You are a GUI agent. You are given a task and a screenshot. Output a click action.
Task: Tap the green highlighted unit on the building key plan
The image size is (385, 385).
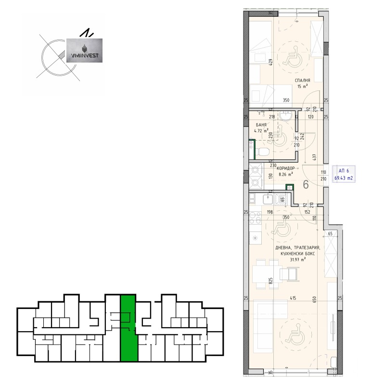click(128, 327)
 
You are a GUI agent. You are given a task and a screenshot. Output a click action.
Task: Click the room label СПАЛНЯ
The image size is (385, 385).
click(302, 80)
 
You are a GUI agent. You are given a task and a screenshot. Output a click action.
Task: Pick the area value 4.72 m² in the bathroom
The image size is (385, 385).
click(262, 129)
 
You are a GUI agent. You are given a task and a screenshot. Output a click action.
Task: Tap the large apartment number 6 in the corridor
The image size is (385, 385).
click(305, 184)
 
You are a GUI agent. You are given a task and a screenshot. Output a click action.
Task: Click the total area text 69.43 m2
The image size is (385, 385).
click(344, 177)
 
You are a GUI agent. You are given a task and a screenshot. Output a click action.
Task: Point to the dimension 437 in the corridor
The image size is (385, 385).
click(314, 157)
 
